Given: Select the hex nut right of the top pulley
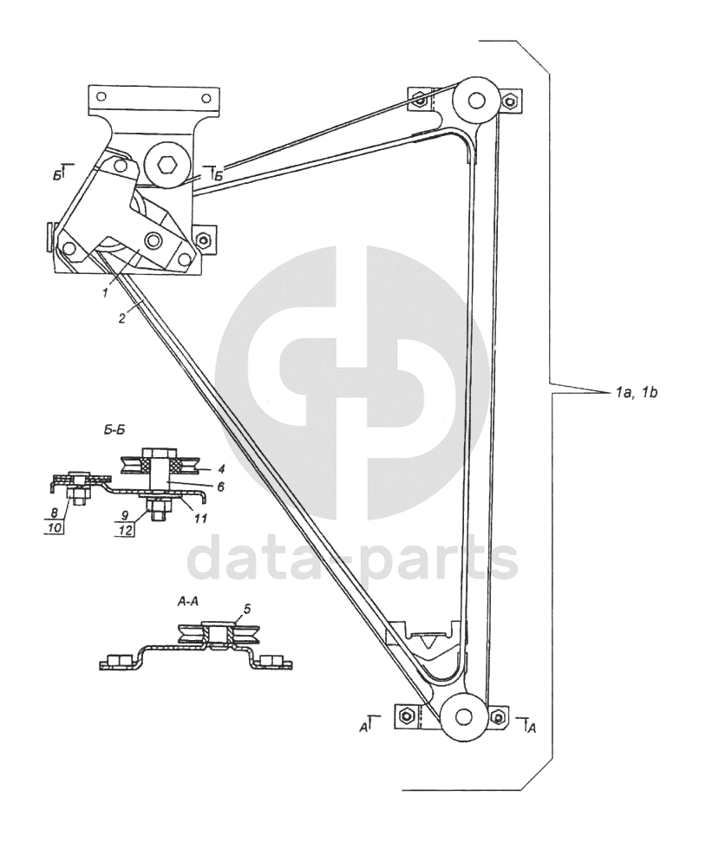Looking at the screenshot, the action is (x=514, y=101).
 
